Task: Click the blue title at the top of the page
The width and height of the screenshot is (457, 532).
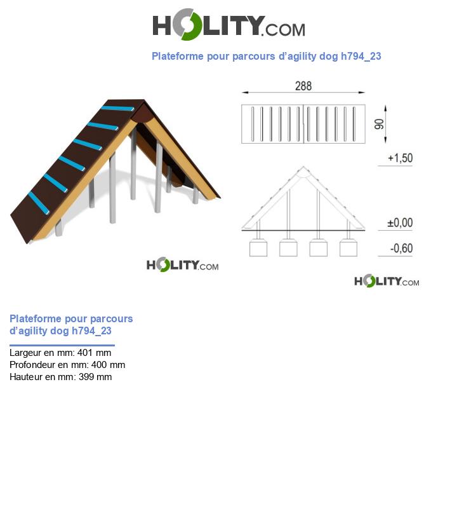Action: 266,56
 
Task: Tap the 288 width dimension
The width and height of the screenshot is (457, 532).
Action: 303,86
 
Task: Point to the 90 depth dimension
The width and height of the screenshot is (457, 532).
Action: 380,123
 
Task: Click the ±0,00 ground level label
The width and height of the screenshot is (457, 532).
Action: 400,223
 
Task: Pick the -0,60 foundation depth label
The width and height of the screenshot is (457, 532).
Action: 401,249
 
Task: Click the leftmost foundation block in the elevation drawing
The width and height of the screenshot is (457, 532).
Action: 258,248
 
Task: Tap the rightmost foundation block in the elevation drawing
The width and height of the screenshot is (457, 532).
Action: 348,248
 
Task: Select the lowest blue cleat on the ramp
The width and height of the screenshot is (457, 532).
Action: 39,202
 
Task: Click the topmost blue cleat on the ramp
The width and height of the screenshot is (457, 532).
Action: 118,109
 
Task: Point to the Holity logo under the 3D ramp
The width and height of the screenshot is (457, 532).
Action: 182,265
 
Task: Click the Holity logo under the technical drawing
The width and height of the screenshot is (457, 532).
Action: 386,281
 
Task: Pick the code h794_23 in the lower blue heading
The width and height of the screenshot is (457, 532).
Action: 91,331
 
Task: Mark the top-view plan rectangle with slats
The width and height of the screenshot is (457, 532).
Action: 303,123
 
